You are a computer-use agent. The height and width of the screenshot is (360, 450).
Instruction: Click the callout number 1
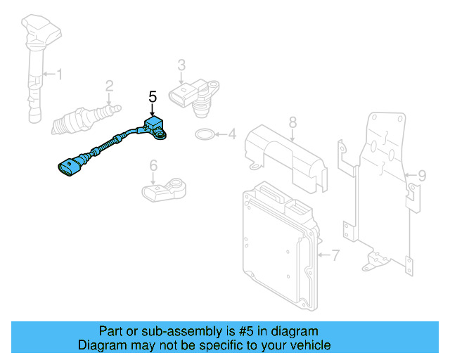pos(60,74)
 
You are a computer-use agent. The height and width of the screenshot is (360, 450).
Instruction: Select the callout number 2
pos(109,86)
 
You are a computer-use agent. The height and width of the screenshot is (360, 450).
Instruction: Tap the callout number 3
pos(181,65)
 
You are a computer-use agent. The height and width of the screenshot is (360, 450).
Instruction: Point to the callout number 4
pos(231,133)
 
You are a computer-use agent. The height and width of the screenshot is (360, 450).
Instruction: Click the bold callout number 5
pos(153,96)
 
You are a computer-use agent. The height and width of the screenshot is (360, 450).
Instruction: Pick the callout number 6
pos(152,166)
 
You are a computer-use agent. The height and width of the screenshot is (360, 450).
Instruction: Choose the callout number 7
pos(335,255)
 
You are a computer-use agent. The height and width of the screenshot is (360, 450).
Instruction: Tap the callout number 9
pos(421,174)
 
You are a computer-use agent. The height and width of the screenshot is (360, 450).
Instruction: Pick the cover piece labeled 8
pos(285,155)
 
